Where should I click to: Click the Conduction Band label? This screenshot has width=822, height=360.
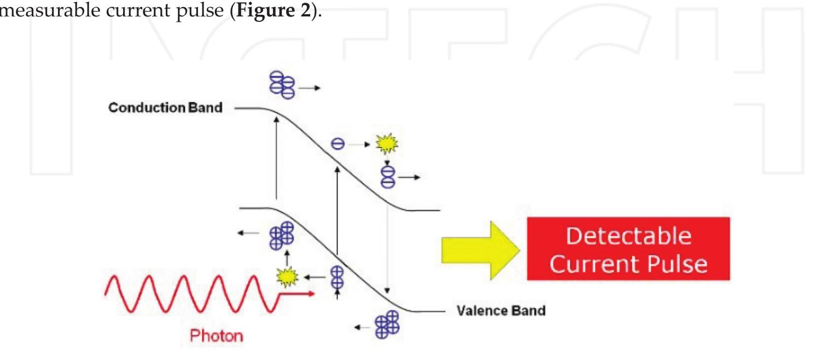pos(165,108)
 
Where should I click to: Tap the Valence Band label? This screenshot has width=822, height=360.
pos(500,311)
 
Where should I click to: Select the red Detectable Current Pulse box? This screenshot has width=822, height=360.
pos(628,248)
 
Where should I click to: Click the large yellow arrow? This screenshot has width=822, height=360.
pos(478,248)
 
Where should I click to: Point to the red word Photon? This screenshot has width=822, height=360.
pos(217,335)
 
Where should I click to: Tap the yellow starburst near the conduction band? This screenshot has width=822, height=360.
pos(387,144)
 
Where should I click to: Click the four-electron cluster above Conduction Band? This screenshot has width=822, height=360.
pos(282,85)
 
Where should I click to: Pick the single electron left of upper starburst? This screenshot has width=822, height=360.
pos(337,144)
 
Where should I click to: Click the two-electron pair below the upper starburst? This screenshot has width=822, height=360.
pos(387,176)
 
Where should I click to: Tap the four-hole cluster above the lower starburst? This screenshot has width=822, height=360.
pos(282,236)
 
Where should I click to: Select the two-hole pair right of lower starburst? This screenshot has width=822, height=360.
pos(337,277)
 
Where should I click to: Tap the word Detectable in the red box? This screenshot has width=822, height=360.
pos(628,236)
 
